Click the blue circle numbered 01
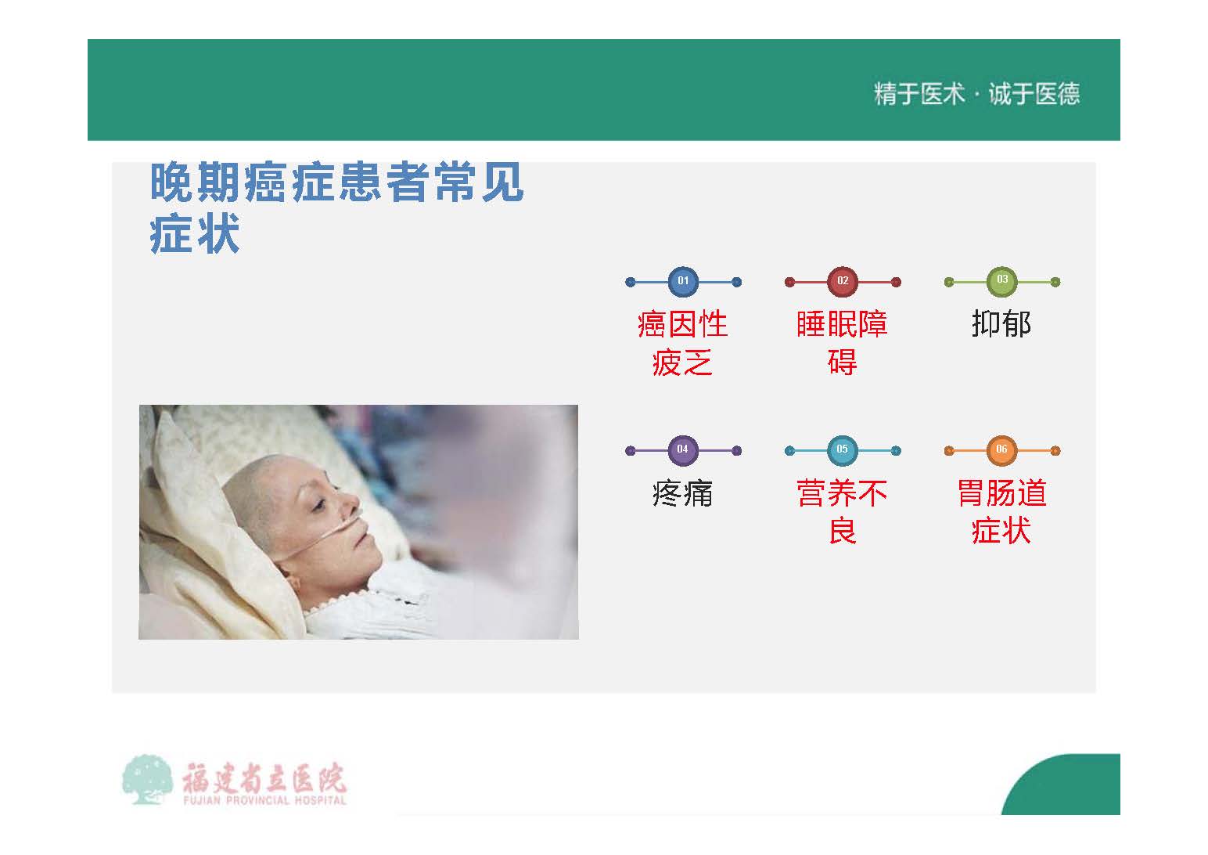(x=683, y=281)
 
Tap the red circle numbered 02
(x=843, y=281)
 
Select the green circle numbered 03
(x=1002, y=281)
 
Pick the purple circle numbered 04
(x=683, y=450)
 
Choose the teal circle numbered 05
(x=843, y=450)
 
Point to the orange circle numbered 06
(x=1002, y=450)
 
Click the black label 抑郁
(x=1001, y=324)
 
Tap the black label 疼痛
(x=682, y=493)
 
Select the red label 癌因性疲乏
(x=683, y=343)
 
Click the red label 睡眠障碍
(x=842, y=343)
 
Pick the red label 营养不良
(x=842, y=512)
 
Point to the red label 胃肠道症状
(x=1002, y=512)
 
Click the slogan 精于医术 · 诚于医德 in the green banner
(x=976, y=94)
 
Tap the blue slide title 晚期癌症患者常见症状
(x=336, y=207)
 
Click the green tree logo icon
(x=146, y=779)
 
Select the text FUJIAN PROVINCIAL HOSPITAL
(x=264, y=800)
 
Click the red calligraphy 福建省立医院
(x=264, y=777)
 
